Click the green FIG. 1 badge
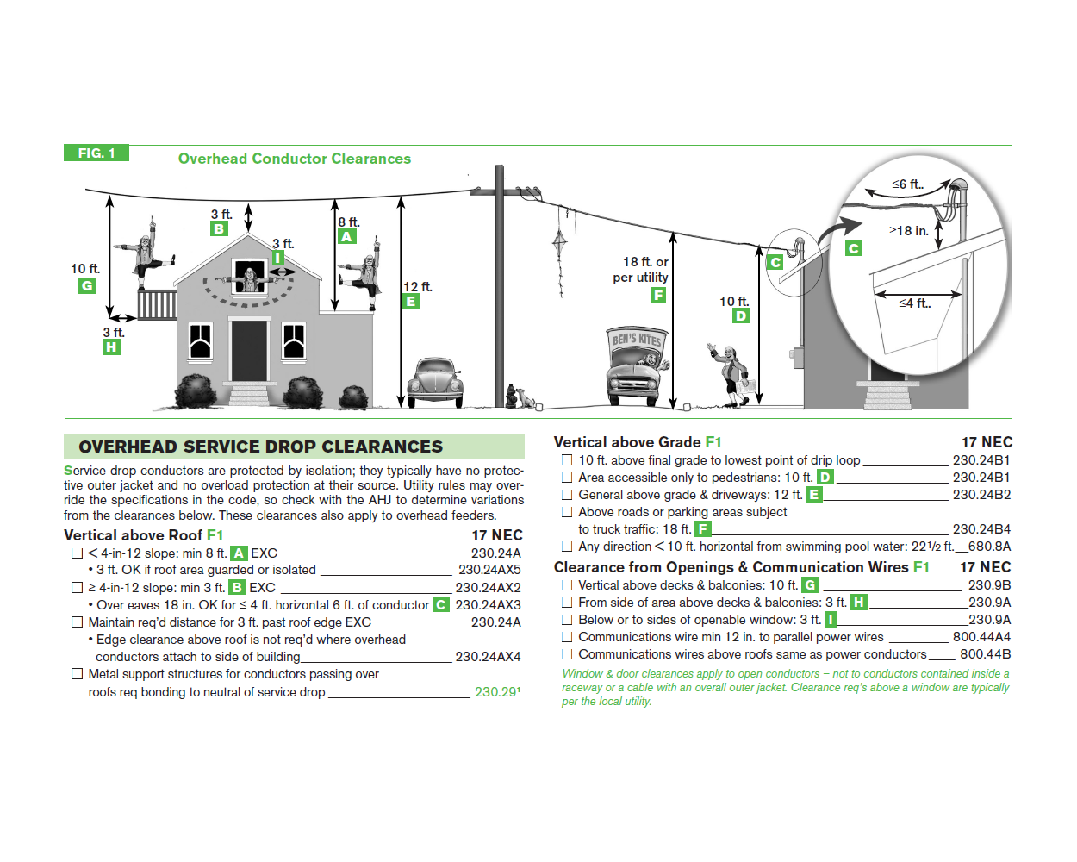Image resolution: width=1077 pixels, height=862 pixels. pos(96,153)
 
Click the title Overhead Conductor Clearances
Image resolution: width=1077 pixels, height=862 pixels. pos(294,159)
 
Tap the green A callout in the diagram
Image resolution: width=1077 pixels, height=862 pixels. pos(347,237)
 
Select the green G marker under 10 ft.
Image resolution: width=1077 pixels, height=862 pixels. pos(87,286)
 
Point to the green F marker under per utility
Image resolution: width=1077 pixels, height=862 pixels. pos(658,295)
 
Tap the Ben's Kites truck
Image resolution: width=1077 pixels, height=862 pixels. pos(637,365)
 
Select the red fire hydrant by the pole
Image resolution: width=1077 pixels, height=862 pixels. pos(511,397)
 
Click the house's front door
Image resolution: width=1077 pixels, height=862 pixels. pos(249,349)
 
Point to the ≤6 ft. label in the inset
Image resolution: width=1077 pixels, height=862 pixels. pos(907,184)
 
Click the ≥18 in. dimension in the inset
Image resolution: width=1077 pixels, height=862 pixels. pos(909,231)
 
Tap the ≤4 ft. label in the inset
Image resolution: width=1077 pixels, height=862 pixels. pos(914,303)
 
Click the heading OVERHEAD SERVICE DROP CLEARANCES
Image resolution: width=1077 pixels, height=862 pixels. pos(260,447)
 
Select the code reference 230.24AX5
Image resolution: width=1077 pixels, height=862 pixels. pos(489,570)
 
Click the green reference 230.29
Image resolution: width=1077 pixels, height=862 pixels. pos(496,692)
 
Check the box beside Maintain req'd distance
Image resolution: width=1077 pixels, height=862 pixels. pos(78,622)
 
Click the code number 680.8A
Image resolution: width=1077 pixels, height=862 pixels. pos(989,547)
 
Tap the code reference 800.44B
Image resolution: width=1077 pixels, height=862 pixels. pos(985,654)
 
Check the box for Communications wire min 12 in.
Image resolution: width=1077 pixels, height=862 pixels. pos(567,637)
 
